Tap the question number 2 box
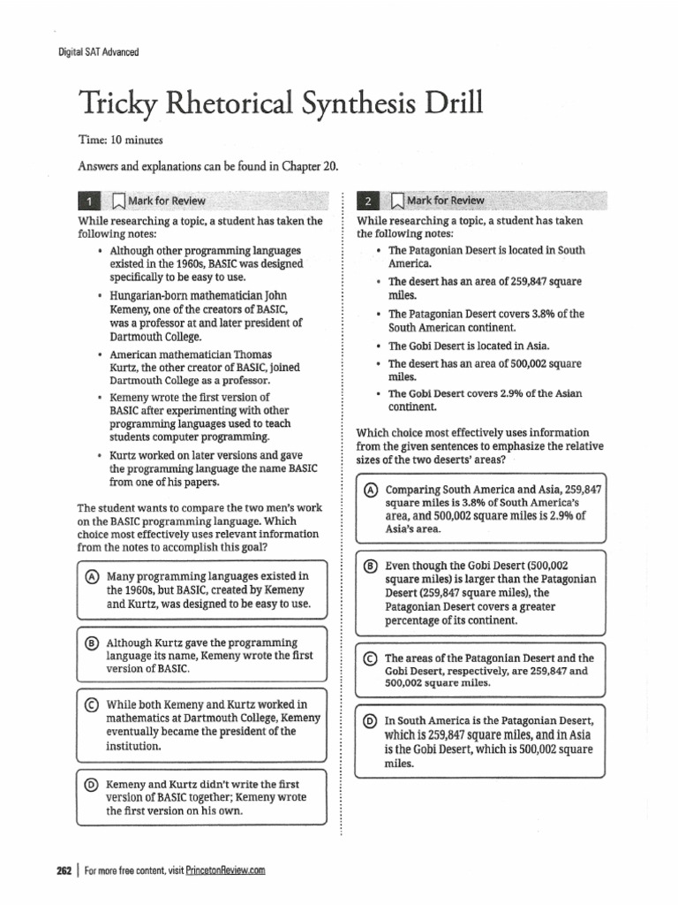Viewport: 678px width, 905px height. (368, 200)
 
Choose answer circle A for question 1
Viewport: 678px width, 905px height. (92, 576)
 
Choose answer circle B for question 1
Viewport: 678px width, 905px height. (92, 642)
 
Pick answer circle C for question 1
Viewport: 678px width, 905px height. (92, 703)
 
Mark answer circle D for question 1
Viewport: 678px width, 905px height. (92, 785)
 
